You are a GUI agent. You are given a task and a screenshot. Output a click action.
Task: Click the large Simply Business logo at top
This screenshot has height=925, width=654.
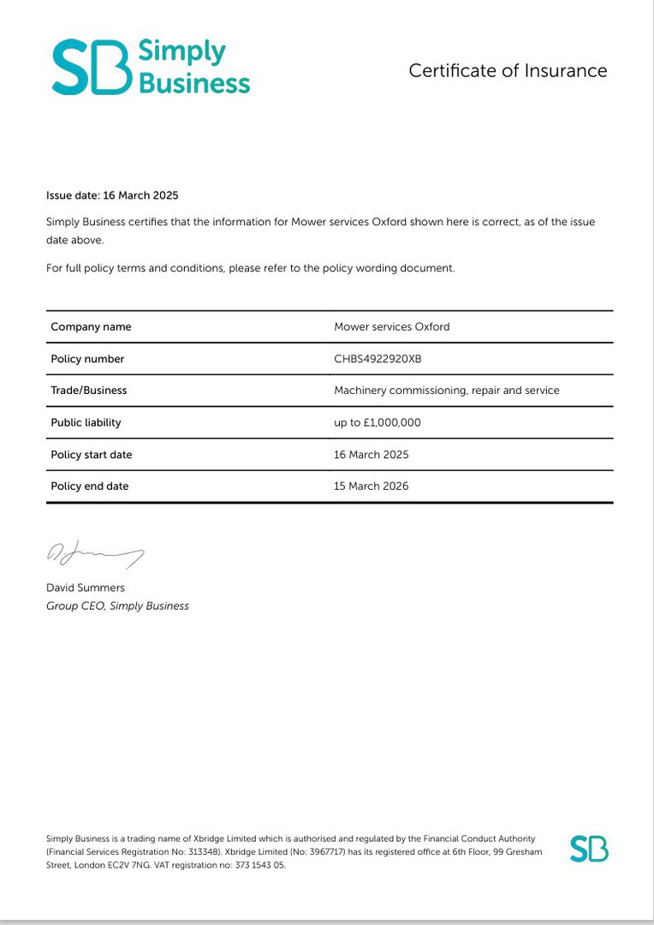pyautogui.click(x=151, y=67)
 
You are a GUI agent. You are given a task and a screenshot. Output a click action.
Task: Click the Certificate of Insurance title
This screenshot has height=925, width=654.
pyautogui.click(x=508, y=71)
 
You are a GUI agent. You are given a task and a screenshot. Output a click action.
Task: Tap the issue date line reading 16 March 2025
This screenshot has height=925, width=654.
pyautogui.click(x=112, y=195)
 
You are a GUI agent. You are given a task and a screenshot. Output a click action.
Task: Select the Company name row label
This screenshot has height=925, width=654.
pyautogui.click(x=91, y=326)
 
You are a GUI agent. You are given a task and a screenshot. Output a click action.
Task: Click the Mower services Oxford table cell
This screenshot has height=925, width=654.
pyautogui.click(x=391, y=326)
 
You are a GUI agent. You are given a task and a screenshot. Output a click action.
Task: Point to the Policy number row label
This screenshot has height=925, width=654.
pyautogui.click(x=87, y=359)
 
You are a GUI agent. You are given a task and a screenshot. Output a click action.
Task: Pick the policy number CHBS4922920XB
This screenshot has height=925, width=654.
pyautogui.click(x=378, y=359)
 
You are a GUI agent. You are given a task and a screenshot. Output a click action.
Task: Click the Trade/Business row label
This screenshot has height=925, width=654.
pyautogui.click(x=88, y=390)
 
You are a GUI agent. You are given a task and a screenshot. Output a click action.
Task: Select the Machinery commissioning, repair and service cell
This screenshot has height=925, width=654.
pyautogui.click(x=446, y=390)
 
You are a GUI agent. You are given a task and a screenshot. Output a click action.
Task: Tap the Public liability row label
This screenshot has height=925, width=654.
pyautogui.click(x=86, y=422)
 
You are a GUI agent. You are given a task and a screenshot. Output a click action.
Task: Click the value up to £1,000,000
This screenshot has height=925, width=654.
pyautogui.click(x=377, y=422)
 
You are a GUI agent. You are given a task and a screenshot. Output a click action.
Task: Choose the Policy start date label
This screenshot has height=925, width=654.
pyautogui.click(x=92, y=454)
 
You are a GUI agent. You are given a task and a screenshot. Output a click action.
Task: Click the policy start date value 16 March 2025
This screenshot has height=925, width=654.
pyautogui.click(x=371, y=454)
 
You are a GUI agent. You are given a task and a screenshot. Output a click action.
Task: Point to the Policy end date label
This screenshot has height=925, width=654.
pyautogui.click(x=89, y=486)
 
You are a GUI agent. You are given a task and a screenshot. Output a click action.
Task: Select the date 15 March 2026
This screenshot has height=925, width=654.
pyautogui.click(x=371, y=486)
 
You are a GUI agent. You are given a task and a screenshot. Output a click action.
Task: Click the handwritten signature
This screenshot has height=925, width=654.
pyautogui.click(x=94, y=554)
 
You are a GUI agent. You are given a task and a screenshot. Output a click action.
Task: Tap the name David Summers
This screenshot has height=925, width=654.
pyautogui.click(x=85, y=588)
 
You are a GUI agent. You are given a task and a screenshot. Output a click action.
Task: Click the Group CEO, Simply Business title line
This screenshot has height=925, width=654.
pyautogui.click(x=117, y=606)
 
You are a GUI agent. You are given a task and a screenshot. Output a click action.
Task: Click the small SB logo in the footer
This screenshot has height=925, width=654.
pyautogui.click(x=589, y=849)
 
